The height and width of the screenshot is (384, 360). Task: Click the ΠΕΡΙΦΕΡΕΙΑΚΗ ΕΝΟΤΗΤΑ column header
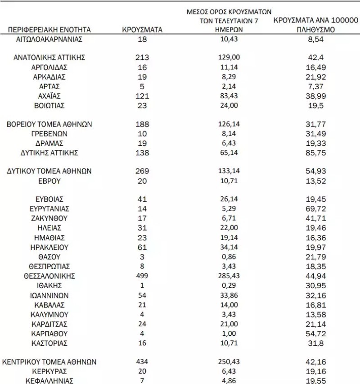pyautogui.click(x=49, y=30)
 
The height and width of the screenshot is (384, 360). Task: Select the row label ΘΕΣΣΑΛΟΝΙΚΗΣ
pyautogui.click(x=49, y=276)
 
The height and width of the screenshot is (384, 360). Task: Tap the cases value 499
pyautogui.click(x=142, y=276)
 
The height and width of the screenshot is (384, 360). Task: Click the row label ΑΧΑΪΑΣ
pyautogui.click(x=49, y=96)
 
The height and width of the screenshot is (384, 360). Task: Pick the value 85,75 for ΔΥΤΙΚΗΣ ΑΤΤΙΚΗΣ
pyautogui.click(x=315, y=153)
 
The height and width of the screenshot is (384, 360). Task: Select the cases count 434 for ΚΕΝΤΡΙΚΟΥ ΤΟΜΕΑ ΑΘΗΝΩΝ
pyautogui.click(x=142, y=362)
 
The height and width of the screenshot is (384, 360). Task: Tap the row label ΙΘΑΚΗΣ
pyautogui.click(x=49, y=286)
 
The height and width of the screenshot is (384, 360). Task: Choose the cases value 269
pyautogui.click(x=142, y=172)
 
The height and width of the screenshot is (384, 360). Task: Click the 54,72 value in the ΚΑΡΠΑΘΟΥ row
pyautogui.click(x=315, y=334)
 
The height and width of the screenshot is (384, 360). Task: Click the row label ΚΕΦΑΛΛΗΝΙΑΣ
pyautogui.click(x=49, y=381)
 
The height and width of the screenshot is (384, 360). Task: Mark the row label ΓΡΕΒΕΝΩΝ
pyautogui.click(x=49, y=134)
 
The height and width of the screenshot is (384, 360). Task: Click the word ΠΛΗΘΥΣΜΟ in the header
pyautogui.click(x=315, y=30)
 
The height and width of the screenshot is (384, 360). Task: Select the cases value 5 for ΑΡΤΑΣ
pyautogui.click(x=142, y=86)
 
